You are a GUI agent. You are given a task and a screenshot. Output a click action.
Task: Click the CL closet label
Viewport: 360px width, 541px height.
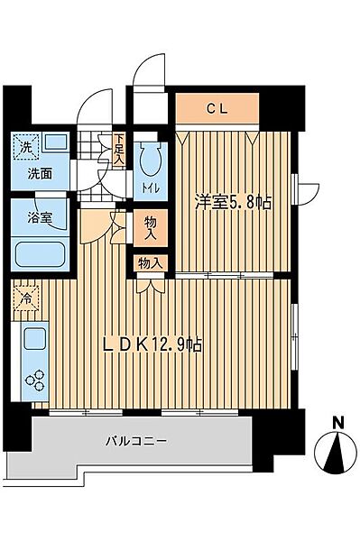(217, 110)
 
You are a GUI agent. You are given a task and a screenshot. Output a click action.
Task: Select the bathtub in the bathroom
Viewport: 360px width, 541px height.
(42, 255)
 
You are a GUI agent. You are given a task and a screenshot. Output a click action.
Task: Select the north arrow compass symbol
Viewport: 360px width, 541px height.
(336, 448)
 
